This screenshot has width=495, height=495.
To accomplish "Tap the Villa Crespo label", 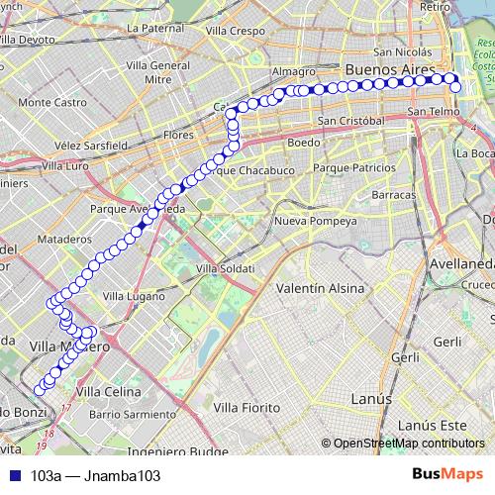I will click(237, 32).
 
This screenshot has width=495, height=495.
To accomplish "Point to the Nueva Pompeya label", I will click(316, 220).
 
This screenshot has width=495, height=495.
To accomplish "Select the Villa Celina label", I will click(109, 392).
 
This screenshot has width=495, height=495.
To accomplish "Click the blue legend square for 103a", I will click(15, 476).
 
